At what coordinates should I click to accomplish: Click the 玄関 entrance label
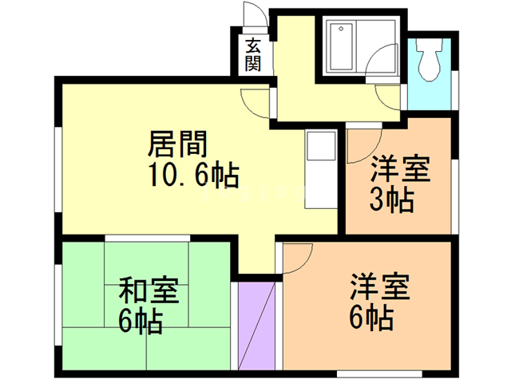click(x=253, y=54)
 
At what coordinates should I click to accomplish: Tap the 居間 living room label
click(x=177, y=145)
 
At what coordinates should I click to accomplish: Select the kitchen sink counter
click(x=321, y=164)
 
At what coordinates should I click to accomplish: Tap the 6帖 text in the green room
click(x=141, y=321)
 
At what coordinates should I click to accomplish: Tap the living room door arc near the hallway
click(x=254, y=101)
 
